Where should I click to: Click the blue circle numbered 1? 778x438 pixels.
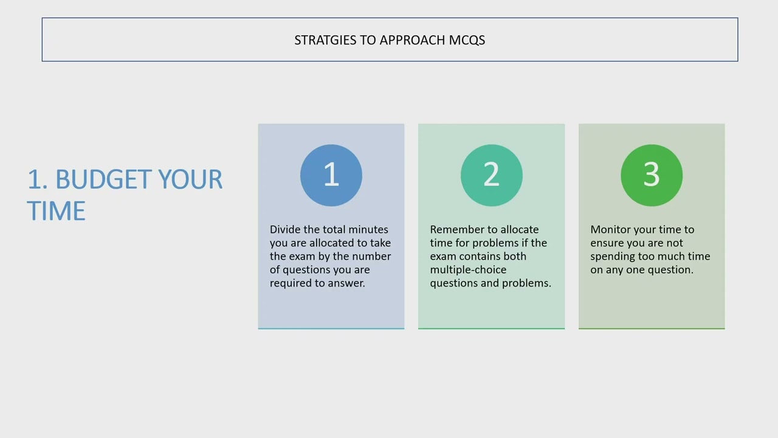tap(331, 175)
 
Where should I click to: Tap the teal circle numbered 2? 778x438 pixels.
tap(491, 175)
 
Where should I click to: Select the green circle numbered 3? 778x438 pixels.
tap(652, 175)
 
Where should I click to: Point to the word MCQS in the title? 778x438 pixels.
tap(467, 40)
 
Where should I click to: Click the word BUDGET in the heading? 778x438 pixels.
tap(105, 180)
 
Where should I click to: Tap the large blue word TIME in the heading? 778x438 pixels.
tap(56, 211)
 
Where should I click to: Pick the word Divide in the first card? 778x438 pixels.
tap(285, 229)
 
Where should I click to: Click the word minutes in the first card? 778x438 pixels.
tap(368, 229)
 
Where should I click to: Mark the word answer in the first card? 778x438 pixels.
tap(346, 283)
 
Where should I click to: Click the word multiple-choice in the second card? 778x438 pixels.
tap(468, 269)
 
